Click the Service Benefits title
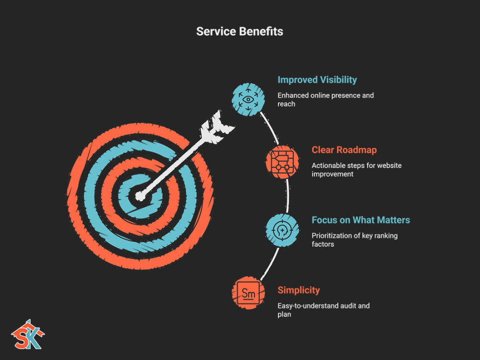click(x=240, y=31)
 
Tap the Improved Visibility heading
click(x=317, y=80)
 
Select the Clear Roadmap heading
click(x=344, y=150)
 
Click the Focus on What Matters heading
click(x=360, y=220)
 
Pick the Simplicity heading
click(x=299, y=290)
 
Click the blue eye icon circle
click(x=248, y=99)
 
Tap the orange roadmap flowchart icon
click(x=282, y=162)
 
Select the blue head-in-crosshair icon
click(x=282, y=230)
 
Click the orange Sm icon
click(x=248, y=293)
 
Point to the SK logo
click(x=28, y=335)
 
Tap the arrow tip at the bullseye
click(x=140, y=196)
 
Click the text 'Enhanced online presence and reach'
click(x=325, y=99)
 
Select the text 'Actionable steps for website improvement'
click(x=357, y=169)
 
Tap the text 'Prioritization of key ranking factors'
click(x=355, y=240)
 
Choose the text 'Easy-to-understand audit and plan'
click(x=323, y=310)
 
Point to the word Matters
click(x=394, y=220)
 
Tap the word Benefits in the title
click(x=261, y=31)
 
